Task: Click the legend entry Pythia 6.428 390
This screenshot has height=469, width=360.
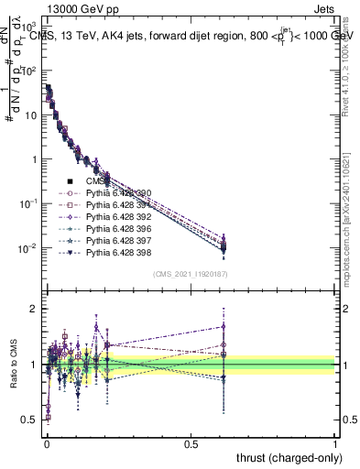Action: [114, 193]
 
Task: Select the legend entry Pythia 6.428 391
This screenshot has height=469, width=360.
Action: [114, 205]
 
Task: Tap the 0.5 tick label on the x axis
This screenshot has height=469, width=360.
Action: [191, 442]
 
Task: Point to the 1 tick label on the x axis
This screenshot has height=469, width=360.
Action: [335, 442]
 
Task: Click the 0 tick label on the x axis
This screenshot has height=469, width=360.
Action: [47, 442]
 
